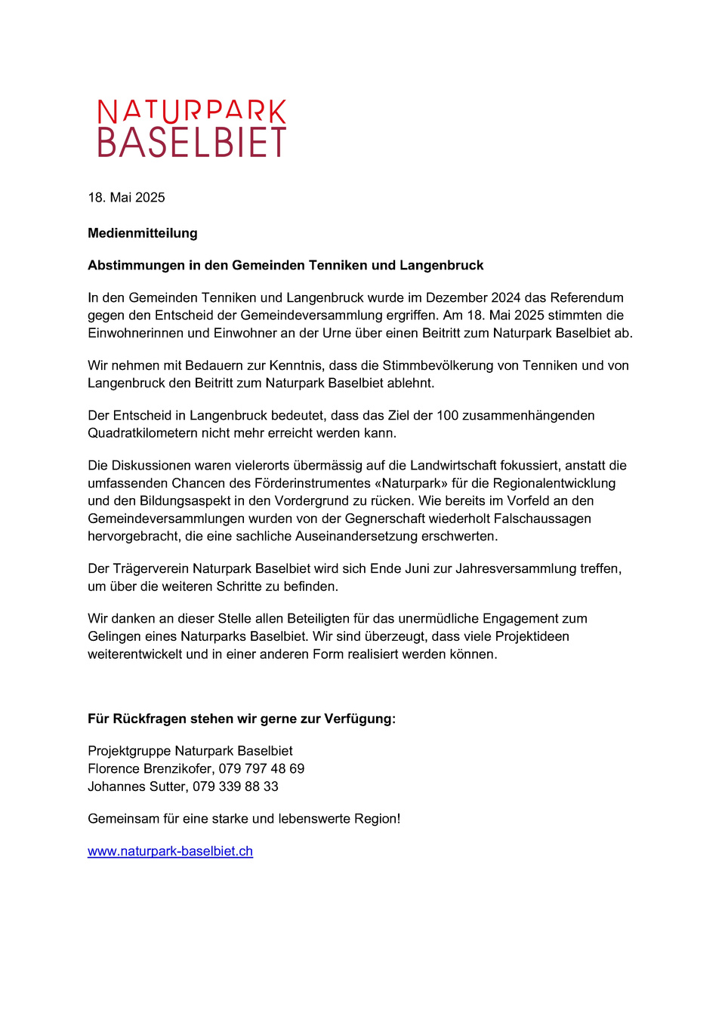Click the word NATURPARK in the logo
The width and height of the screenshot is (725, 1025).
click(x=192, y=112)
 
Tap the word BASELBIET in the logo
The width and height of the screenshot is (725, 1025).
click(x=192, y=143)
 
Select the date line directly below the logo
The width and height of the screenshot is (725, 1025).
click(x=126, y=198)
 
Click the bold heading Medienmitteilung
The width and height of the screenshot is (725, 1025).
click(x=143, y=233)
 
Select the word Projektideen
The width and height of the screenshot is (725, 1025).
click(x=529, y=636)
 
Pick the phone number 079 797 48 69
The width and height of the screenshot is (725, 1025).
click(x=261, y=769)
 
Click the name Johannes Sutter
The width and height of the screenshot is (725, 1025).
click(x=136, y=786)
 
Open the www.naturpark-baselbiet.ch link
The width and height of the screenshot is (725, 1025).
click(x=170, y=851)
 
